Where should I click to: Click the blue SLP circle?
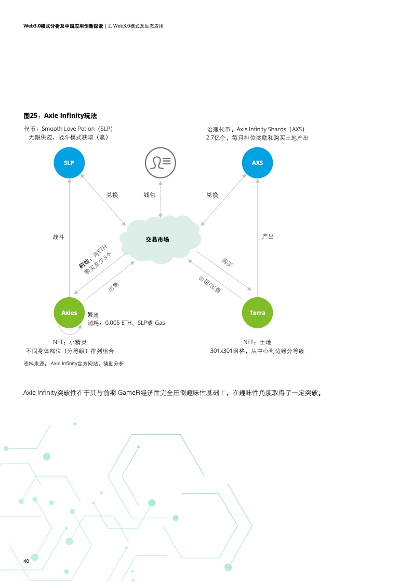coord(69,163)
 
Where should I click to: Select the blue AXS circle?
coord(257,163)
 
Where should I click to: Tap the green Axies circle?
coord(69,313)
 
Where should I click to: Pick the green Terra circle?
coord(257,313)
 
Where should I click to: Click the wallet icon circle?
coord(160,162)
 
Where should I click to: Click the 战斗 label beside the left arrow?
coord(59,237)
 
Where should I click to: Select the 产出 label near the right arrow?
coord(268,237)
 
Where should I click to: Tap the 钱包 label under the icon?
coord(149,195)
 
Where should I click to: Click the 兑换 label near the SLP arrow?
coord(112,195)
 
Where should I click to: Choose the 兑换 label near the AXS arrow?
coord(212,195)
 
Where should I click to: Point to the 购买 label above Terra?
coord(227,262)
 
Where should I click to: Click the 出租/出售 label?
coord(209,286)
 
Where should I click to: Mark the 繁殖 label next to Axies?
coord(93,314)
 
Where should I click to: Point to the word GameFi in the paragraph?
coord(132,392)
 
